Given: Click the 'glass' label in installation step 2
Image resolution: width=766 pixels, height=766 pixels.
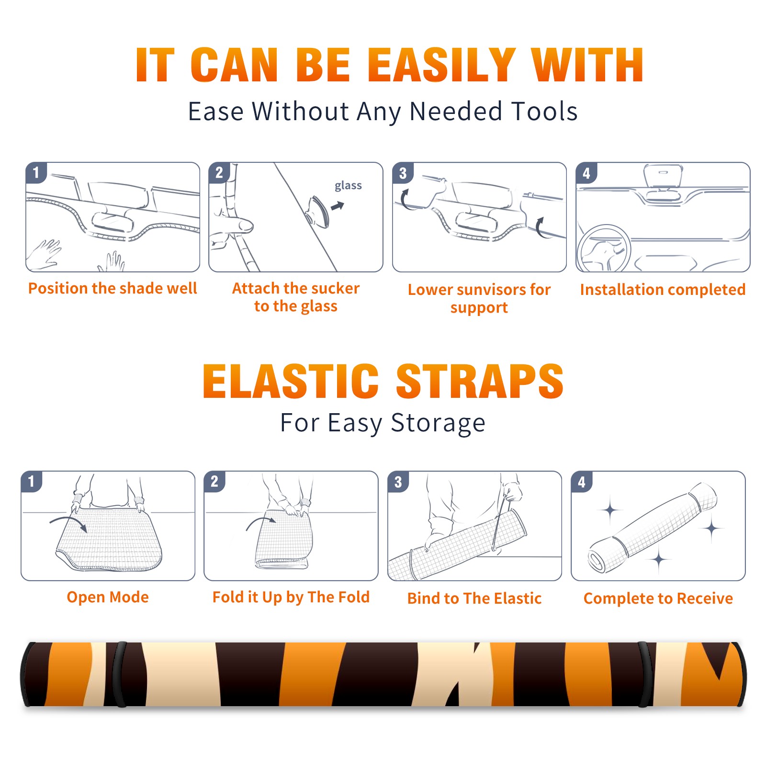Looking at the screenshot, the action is pos(348,186).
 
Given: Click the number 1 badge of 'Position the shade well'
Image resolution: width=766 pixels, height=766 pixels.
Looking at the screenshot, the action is pos(36,172).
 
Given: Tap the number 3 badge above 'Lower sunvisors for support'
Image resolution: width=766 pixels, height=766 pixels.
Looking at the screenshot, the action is pos(403,173).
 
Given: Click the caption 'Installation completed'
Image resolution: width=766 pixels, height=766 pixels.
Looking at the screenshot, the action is pos(663,289).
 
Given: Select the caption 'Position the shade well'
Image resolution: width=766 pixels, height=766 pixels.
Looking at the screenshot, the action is pos(113,288).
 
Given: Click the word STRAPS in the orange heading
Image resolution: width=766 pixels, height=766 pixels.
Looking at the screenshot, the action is pos(480,381).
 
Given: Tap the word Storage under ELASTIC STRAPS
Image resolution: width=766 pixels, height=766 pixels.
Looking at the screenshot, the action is pos(438,423).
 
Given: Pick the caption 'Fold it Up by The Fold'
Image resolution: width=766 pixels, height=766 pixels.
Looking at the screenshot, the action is pos(291,597).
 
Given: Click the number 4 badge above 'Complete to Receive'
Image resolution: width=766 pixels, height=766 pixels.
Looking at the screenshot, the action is pos(582,482).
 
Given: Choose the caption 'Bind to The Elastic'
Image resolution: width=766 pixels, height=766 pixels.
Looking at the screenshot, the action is pos(474,598).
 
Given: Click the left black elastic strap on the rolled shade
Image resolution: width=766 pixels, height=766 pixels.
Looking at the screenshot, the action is pos(119,674).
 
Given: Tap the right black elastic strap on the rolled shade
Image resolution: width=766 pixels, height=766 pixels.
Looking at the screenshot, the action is pos(645,674).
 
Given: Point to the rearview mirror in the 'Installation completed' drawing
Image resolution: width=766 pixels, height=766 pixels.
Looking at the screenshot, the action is pos(663,176).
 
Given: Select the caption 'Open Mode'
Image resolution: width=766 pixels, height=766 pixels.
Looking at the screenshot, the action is pos(108,597).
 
